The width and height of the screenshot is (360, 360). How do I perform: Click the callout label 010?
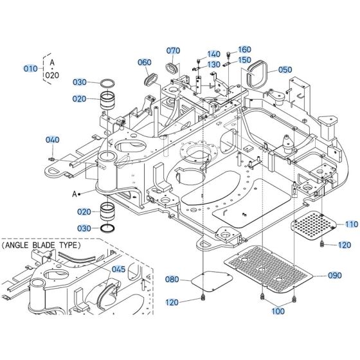[30, 69]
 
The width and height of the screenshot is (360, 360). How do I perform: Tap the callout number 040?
[52, 139]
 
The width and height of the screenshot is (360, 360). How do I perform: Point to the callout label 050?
[284, 69]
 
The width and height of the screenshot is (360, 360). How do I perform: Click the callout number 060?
[144, 62]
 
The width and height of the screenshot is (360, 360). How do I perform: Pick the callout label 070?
[173, 51]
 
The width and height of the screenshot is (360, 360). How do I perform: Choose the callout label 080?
[172, 280]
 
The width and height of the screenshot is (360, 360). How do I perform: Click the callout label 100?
[278, 311]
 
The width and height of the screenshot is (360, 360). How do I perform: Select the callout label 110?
[351, 224]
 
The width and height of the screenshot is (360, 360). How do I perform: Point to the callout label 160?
[245, 50]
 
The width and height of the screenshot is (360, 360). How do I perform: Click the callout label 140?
[213, 54]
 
